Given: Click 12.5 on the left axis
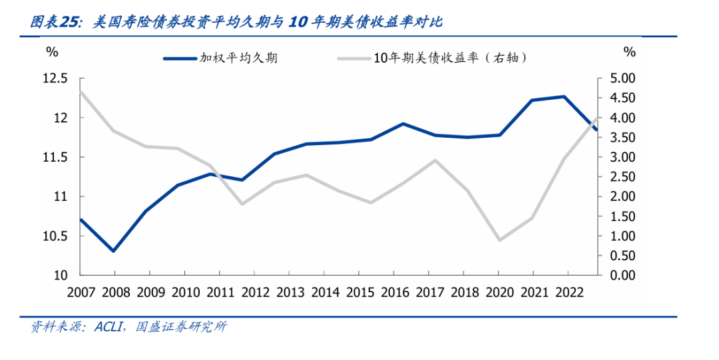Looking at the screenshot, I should pyautogui.click(x=55, y=79).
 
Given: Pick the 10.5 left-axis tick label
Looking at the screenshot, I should pyautogui.click(x=55, y=236).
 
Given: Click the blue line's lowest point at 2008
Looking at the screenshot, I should pyautogui.click(x=114, y=251).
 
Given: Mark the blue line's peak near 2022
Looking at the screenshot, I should pyautogui.click(x=564, y=96).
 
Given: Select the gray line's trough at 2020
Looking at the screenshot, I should pyautogui.click(x=499, y=240).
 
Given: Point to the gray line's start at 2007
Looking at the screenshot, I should pyautogui.click(x=80, y=92).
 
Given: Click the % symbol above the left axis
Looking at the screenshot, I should pyautogui.click(x=52, y=51).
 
